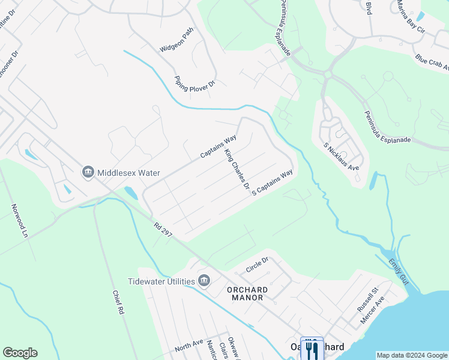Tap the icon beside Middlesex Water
tap(88, 173)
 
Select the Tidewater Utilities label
tap(161, 281)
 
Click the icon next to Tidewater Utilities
tap(203, 281)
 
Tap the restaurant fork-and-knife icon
tap(312, 349)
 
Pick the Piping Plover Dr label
tap(194, 83)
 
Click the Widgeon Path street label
tap(176, 40)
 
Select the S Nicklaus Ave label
tap(341, 155)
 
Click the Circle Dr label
tap(257, 265)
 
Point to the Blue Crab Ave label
tap(432, 62)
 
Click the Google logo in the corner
tap(20, 353)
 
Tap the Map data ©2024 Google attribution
tap(412, 355)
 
